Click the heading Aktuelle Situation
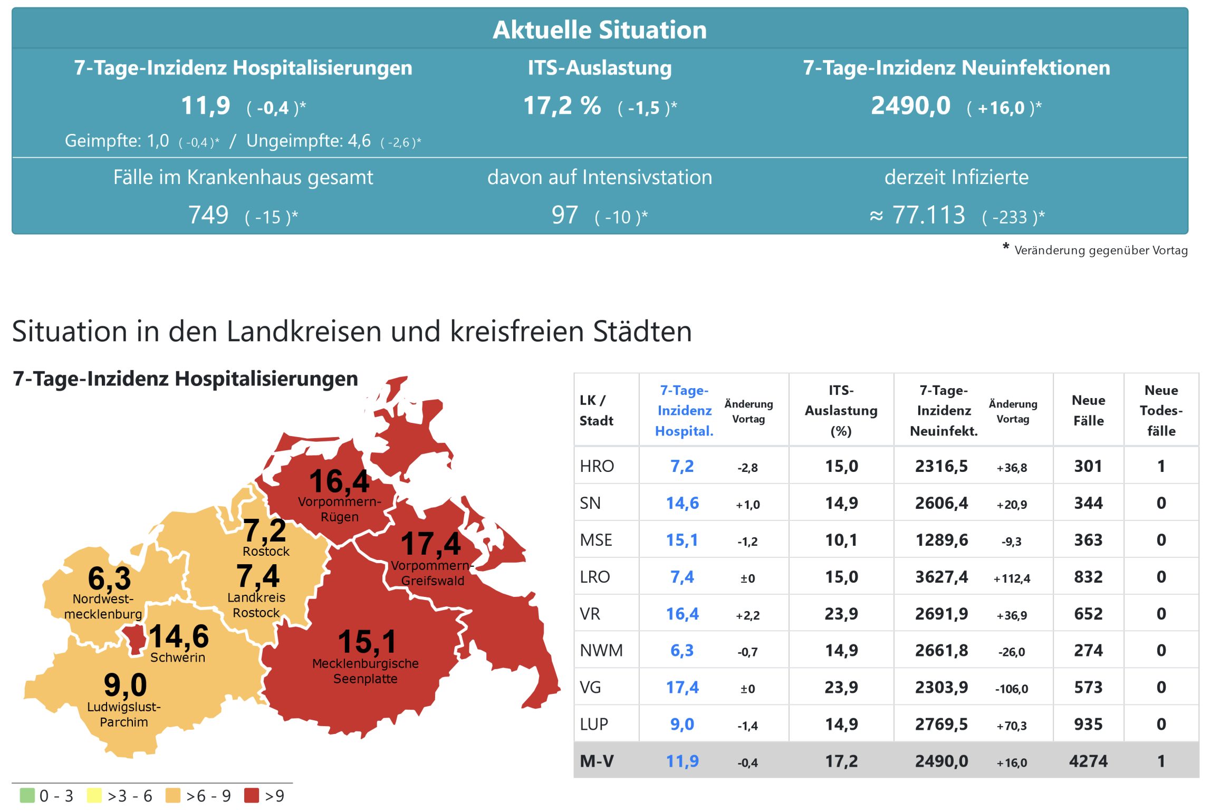pos(600,30)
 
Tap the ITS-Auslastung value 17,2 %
pos(562,106)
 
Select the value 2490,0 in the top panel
pos(910,106)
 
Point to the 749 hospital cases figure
pos(208,215)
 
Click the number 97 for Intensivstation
pos(564,215)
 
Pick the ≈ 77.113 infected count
pos(918,215)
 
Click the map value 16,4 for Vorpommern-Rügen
pos(339,481)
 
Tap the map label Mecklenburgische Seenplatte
pos(365,671)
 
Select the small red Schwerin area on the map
pos(135,640)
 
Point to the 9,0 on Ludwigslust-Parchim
pos(125,685)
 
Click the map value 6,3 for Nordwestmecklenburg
pos(109,578)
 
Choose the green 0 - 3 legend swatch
pos(27,795)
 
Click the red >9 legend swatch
pos(252,795)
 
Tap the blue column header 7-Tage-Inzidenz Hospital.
pos(684,411)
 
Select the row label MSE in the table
pos(596,540)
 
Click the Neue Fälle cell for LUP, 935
pos(1088,724)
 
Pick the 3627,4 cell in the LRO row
pos(941,577)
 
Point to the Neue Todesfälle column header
pos(1161,411)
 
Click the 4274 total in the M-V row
pos(1088,761)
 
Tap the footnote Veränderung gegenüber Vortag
pos(1100,250)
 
